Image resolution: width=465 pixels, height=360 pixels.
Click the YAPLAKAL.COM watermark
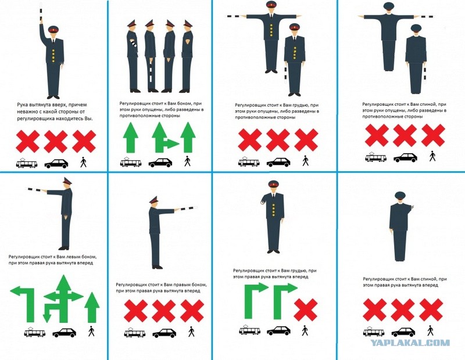410,343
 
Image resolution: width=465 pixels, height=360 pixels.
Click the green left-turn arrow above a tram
23,304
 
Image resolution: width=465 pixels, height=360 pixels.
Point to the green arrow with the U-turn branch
63,299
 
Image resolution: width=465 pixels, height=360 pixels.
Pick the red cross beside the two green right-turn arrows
306,309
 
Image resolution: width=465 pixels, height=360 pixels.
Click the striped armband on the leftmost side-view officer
134,44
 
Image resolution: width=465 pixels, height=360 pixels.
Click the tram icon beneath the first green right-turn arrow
250,330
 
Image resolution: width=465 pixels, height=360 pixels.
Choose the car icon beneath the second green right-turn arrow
278,330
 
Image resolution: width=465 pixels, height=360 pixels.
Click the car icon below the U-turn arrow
64,333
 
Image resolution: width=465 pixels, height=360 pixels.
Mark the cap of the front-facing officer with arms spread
271,4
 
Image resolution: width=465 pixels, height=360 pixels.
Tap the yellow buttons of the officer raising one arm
53,55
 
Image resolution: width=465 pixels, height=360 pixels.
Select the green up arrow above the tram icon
131,138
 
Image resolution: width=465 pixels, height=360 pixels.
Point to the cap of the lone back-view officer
400,195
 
